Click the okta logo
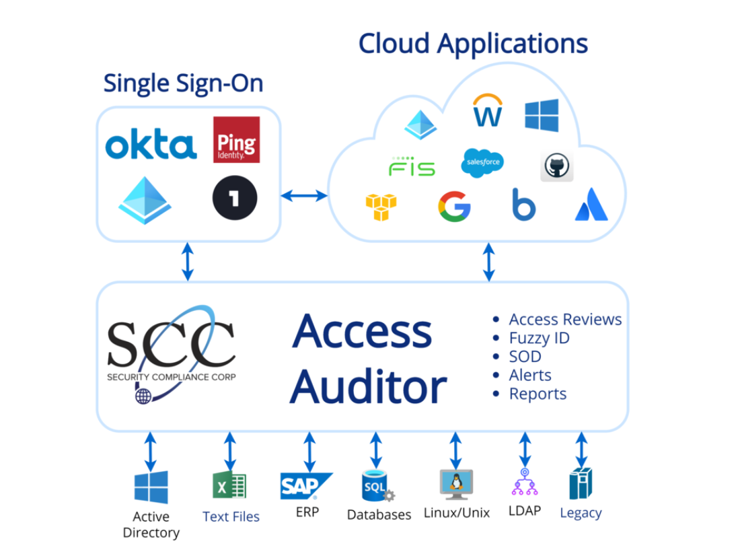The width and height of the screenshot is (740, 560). (151, 145)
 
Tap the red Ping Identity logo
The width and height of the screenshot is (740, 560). (236, 139)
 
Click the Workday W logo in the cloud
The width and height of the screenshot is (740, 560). (488, 110)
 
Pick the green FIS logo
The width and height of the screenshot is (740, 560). (411, 166)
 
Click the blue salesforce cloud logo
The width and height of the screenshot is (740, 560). (482, 163)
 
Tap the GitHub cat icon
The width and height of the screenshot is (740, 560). (557, 166)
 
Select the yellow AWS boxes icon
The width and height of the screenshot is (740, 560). (381, 206)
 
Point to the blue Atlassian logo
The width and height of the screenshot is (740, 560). (591, 206)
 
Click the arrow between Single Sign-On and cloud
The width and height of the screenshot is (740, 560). (303, 196)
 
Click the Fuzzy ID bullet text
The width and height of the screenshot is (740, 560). (539, 338)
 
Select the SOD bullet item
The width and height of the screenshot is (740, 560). (525, 357)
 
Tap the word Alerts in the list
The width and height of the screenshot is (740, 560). (530, 375)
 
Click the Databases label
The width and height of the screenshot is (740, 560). (379, 515)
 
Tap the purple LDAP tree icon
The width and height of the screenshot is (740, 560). (523, 485)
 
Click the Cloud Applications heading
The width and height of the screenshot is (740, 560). (473, 44)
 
